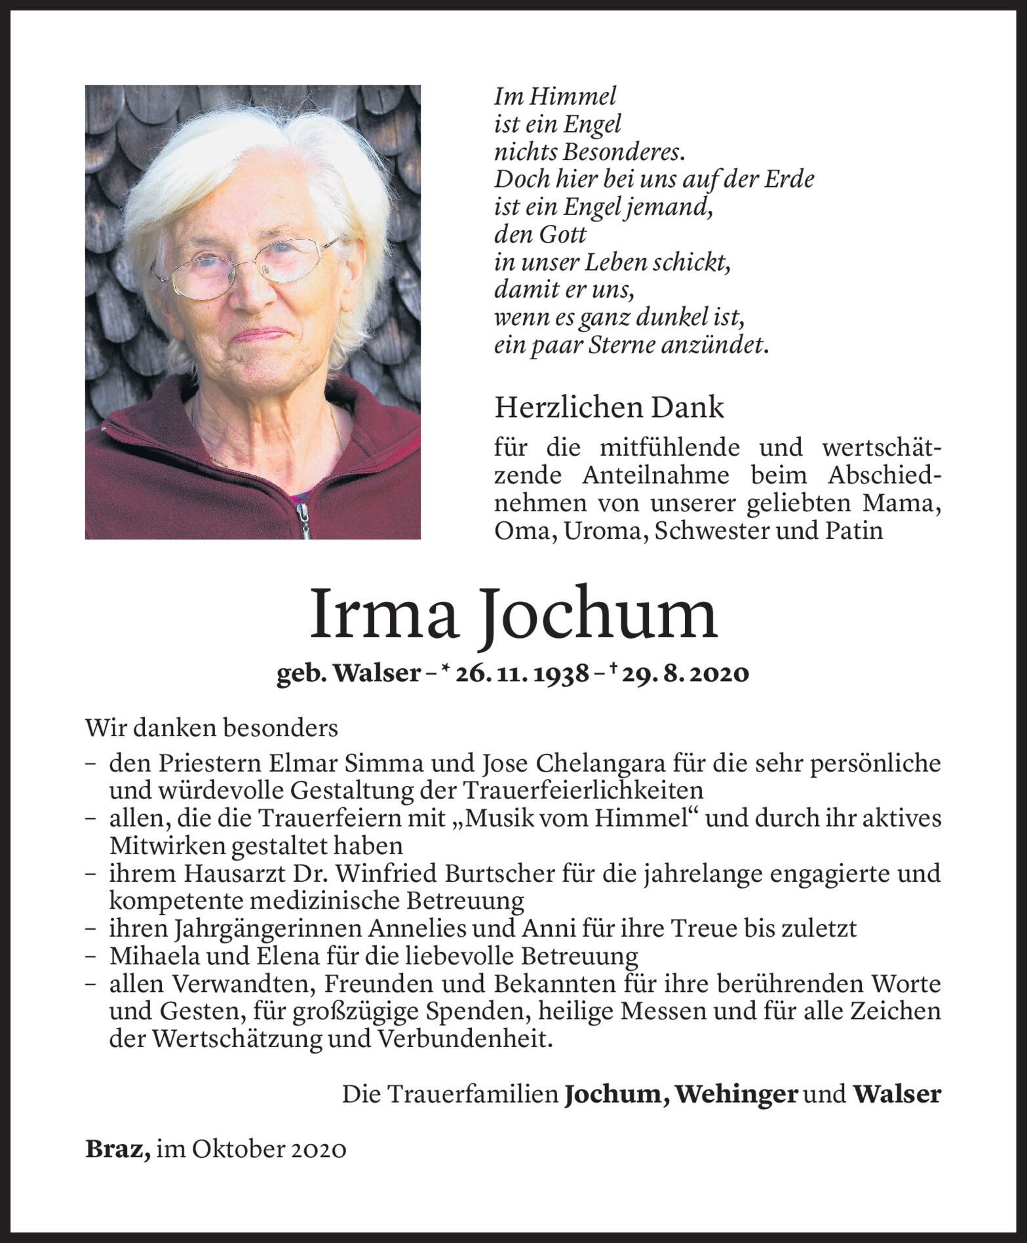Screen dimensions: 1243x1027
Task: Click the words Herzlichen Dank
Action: tap(609, 408)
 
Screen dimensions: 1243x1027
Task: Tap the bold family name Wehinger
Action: tap(736, 1094)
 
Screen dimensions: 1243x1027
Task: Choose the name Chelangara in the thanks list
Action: tap(596, 763)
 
